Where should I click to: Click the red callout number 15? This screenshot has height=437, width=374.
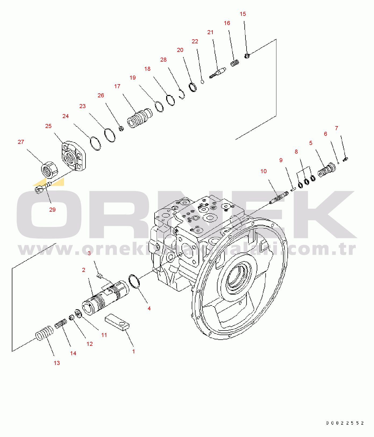point(243,14)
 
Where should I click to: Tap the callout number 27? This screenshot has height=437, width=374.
point(21,142)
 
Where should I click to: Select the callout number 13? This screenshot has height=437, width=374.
point(57,363)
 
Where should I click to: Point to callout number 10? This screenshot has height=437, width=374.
point(263,171)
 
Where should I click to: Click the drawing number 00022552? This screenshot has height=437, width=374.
point(345,423)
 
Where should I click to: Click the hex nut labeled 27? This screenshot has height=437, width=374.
point(49,170)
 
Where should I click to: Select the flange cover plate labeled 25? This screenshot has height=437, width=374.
point(72,156)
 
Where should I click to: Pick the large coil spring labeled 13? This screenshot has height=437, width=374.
point(45,333)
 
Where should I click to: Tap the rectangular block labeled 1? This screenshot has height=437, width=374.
point(117,322)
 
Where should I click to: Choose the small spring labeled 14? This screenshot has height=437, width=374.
point(61,323)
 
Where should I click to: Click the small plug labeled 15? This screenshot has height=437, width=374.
point(247,56)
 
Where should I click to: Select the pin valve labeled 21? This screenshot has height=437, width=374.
point(218,73)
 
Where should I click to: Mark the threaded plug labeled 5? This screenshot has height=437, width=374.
point(327,170)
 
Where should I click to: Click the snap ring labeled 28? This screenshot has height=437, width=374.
point(182,94)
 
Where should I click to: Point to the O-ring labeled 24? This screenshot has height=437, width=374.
point(95,143)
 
